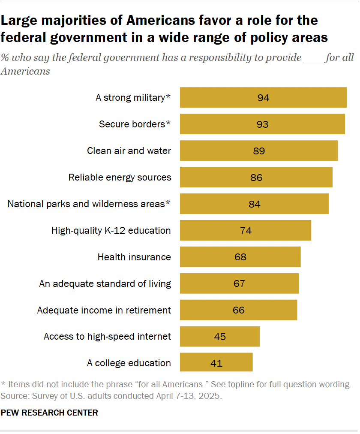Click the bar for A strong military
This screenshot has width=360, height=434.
pos(263,97)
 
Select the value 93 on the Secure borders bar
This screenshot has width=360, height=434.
pos(262,124)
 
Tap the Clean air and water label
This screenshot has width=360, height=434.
pos(129,151)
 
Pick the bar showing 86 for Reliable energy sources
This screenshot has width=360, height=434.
pos(256,177)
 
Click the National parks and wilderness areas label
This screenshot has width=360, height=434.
pos(89,204)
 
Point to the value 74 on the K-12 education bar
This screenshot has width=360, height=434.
pos(246,230)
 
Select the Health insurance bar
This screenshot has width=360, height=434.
pos(240,257)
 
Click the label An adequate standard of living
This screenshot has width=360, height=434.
pos(105,283)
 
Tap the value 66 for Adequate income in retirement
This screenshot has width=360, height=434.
pos(238,310)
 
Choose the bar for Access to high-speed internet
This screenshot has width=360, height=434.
pos(219,337)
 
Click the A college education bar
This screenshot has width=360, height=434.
pos(216,363)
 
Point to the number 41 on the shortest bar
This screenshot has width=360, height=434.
pos(216,363)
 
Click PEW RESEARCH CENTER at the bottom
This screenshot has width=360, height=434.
pos(50,413)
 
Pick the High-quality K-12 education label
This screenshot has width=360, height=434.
pos(111,230)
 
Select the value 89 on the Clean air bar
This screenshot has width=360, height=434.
pos(259,151)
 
